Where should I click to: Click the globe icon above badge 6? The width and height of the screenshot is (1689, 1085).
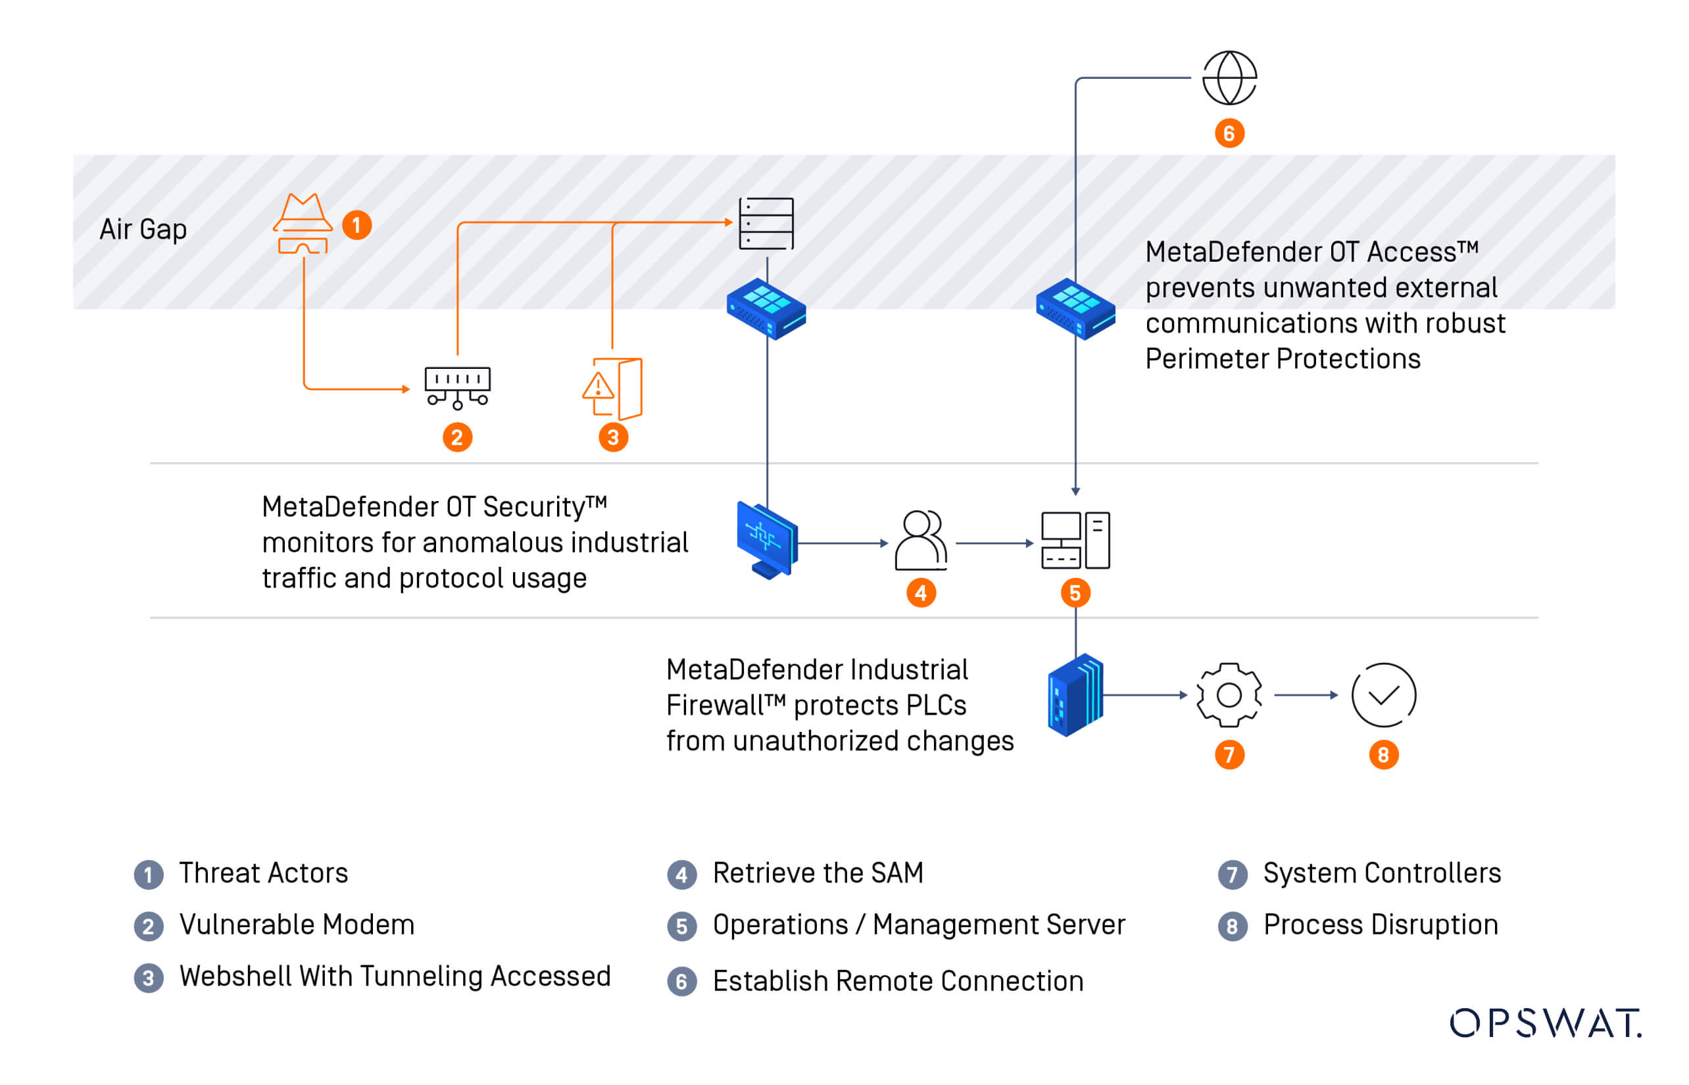click(1229, 78)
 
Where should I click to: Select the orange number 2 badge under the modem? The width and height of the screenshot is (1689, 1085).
click(457, 437)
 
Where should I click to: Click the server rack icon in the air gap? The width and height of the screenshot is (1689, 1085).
click(766, 224)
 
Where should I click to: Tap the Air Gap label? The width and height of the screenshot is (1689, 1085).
click(143, 229)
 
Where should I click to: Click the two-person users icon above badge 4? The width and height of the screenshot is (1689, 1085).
click(921, 541)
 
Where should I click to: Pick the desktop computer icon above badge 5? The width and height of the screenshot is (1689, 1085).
click(1075, 541)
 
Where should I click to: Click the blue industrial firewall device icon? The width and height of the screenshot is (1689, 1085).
click(1075, 694)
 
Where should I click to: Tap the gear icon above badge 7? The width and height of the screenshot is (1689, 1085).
click(1229, 694)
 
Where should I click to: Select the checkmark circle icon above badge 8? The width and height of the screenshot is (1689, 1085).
click(1383, 694)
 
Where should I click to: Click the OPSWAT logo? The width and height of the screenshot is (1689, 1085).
click(1544, 1023)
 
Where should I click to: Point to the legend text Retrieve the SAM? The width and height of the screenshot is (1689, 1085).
click(818, 873)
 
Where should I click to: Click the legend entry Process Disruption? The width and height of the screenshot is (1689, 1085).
click(1380, 925)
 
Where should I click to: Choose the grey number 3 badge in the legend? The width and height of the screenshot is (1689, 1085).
click(149, 978)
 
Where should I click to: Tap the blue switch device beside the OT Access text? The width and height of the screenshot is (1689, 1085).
click(1075, 308)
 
